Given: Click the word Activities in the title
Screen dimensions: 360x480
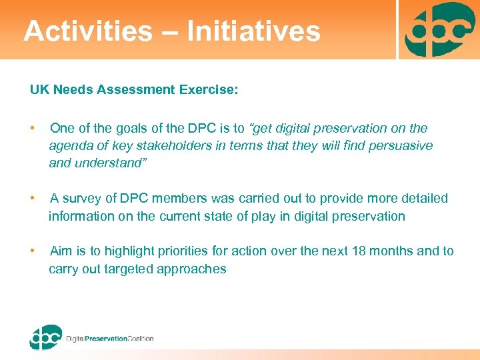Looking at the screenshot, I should [87, 31].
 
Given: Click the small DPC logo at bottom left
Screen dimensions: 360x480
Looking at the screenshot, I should [45, 337].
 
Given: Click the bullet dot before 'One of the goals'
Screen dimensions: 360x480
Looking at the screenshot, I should [33, 128].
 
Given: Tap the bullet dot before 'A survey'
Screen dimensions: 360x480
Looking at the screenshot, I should [33, 199].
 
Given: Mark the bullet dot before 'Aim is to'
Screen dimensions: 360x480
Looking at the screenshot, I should [33, 251].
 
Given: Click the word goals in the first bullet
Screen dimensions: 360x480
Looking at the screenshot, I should [134, 128].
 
